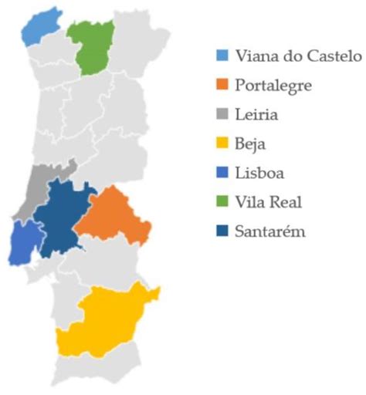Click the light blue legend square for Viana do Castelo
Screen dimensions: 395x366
[222, 56]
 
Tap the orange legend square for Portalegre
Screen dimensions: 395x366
[222, 85]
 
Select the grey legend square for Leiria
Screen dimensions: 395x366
[222, 114]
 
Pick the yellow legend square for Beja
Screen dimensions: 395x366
[222, 143]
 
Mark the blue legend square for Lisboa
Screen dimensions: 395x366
[222, 173]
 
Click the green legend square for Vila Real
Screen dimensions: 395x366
[222, 202]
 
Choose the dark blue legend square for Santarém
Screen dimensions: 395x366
[222, 231]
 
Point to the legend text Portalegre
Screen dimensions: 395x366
[274, 86]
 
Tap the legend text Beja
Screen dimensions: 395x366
[254, 144]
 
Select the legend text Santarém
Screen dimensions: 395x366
[271, 231]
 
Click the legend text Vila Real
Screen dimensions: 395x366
[269, 202]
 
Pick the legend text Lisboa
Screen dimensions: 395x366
[259, 173]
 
